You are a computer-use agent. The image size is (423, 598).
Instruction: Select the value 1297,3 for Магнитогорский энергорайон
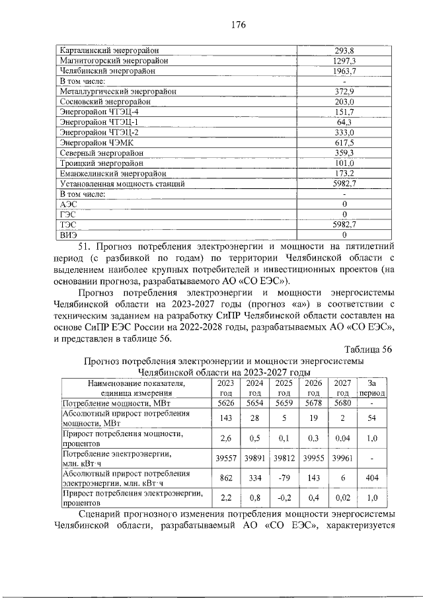(x=344, y=60)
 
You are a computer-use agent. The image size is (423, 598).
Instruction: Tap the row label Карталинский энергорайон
(x=110, y=50)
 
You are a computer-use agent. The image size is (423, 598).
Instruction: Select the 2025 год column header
(x=284, y=387)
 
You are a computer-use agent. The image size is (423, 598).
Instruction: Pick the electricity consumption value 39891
(x=254, y=458)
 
